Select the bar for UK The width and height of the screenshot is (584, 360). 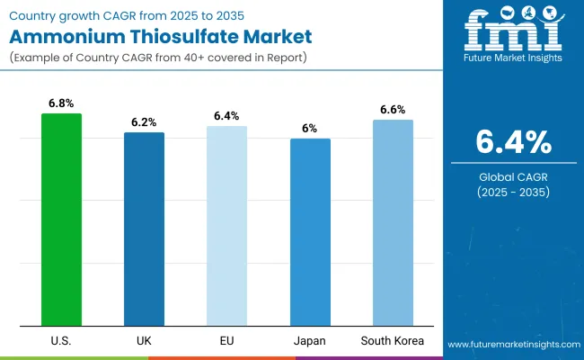click(x=144, y=229)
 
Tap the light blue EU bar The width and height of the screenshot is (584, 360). click(x=226, y=226)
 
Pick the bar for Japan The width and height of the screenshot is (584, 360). click(x=309, y=232)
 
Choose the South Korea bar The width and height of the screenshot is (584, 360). click(x=393, y=222)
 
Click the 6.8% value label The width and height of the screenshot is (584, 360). click(x=61, y=103)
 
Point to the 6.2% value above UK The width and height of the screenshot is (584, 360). click(x=144, y=122)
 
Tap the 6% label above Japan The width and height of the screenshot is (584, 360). click(x=309, y=129)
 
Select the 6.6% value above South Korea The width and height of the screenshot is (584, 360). click(x=393, y=110)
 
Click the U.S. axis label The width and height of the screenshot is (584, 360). click(x=61, y=342)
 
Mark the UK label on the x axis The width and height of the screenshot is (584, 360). click(x=144, y=342)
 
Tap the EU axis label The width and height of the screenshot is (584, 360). click(x=226, y=342)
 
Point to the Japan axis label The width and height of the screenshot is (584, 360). click(x=309, y=342)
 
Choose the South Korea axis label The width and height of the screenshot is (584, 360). click(x=393, y=342)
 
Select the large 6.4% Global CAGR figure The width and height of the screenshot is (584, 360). click(x=513, y=142)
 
